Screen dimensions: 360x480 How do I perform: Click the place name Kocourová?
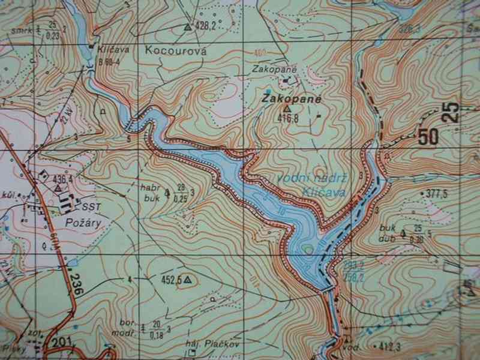click(x=176, y=52)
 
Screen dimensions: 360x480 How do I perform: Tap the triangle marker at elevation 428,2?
click(x=188, y=27)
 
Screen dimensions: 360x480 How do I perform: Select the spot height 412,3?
click(x=394, y=346)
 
